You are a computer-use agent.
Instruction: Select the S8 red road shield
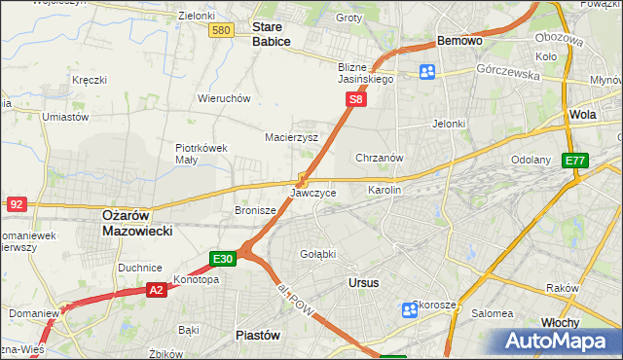pos(357,99)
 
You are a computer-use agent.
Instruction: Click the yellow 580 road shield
pos(221,31)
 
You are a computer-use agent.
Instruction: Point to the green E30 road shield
pos(223,258)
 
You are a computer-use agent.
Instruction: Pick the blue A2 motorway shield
pos(157,289)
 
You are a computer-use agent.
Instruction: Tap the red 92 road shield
pos(16,204)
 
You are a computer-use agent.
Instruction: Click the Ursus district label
pos(363,282)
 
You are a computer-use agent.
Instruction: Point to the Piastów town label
pos(258,334)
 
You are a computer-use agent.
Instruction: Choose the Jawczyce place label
pos(313,194)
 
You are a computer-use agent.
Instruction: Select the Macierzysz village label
pos(292,137)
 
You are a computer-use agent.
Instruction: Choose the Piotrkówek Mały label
pos(201,154)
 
